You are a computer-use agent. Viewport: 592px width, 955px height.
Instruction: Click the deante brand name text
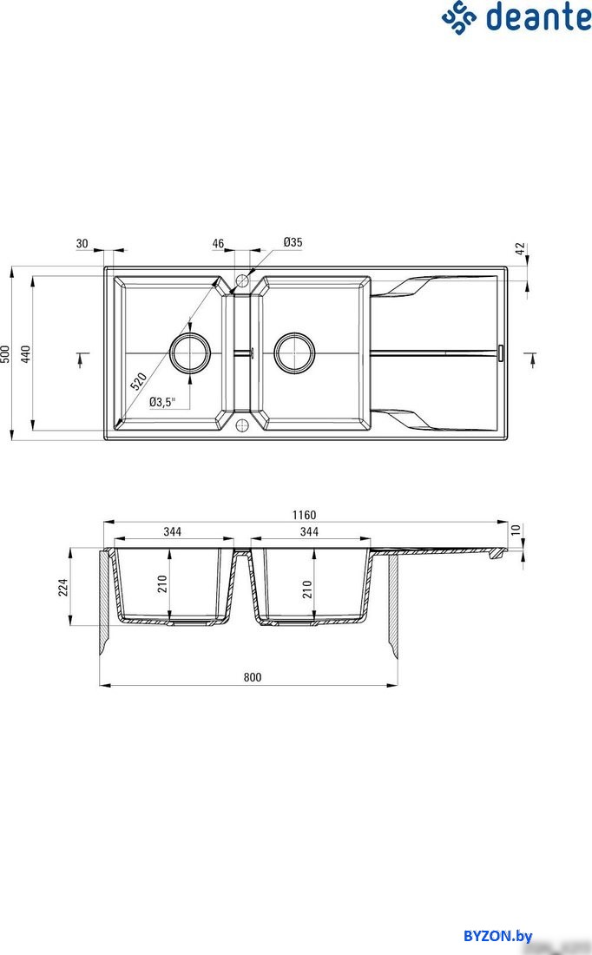click(x=538, y=17)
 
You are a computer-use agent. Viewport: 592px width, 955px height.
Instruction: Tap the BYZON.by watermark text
click(x=497, y=936)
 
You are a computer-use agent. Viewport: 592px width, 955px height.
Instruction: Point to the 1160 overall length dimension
click(x=304, y=515)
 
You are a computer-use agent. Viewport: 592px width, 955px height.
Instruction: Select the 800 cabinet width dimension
click(x=252, y=677)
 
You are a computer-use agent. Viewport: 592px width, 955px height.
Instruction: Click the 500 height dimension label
click(x=5, y=354)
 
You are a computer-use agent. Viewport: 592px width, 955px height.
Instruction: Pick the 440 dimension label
click(x=25, y=354)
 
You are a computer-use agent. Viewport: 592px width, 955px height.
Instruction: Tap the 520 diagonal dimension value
click(x=138, y=381)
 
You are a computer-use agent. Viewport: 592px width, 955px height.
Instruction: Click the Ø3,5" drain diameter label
click(x=162, y=401)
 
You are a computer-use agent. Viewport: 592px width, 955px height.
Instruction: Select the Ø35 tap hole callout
click(x=293, y=242)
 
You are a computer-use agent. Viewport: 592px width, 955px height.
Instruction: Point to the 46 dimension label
click(x=218, y=244)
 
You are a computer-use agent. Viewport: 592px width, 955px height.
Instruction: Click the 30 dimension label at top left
click(x=82, y=244)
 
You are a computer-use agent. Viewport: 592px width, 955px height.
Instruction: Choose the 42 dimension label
click(x=520, y=248)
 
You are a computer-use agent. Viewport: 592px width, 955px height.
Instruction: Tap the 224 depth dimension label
click(x=63, y=587)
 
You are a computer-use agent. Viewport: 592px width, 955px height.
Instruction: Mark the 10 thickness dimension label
click(x=516, y=530)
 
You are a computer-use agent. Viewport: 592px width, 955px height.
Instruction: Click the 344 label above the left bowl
click(x=173, y=531)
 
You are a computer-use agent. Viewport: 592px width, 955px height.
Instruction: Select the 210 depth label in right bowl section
click(x=307, y=589)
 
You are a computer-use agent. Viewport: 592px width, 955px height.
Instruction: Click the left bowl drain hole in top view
click(x=190, y=353)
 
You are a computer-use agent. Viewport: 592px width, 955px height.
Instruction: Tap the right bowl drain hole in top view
click(x=295, y=353)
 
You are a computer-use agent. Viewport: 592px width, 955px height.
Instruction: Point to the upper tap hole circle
click(x=242, y=281)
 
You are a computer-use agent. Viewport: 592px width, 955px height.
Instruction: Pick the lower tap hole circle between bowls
click(x=242, y=425)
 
